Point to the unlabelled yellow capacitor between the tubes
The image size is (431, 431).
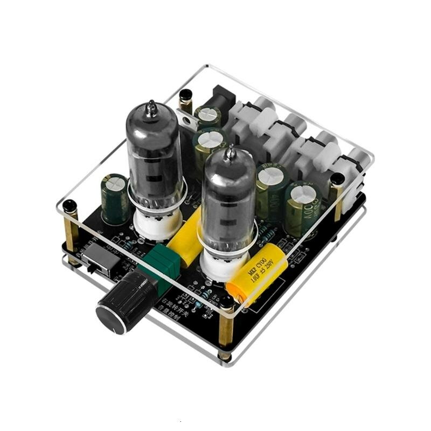click(x=186, y=240)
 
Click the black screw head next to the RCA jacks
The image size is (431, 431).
click(x=337, y=178)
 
